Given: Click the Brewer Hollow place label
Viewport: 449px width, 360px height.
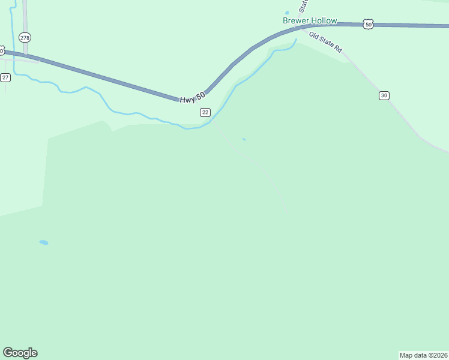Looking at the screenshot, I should tap(310, 20).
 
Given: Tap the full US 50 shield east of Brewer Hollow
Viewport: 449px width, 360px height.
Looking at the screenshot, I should tap(369, 24).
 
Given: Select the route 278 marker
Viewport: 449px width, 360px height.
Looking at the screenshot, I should tap(25, 37).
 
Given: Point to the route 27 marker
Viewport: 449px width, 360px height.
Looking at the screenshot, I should tap(5, 77).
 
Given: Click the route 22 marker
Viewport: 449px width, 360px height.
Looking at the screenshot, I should tap(205, 112).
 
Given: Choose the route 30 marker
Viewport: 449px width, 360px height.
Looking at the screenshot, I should tap(384, 95).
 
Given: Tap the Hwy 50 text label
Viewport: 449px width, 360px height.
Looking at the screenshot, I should tap(192, 96).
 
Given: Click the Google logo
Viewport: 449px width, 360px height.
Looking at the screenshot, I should tap(20, 353).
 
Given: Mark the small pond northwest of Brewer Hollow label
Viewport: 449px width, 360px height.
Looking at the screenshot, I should tap(287, 13).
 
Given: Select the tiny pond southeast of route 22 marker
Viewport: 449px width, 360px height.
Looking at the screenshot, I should tap(243, 139).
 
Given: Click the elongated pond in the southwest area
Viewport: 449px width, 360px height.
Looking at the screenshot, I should tap(44, 242).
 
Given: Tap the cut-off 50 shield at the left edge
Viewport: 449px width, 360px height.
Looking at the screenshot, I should tap(2, 50).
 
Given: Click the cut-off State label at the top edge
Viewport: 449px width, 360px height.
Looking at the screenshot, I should tap(304, 5).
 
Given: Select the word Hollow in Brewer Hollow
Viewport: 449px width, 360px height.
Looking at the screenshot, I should tap(324, 20).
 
